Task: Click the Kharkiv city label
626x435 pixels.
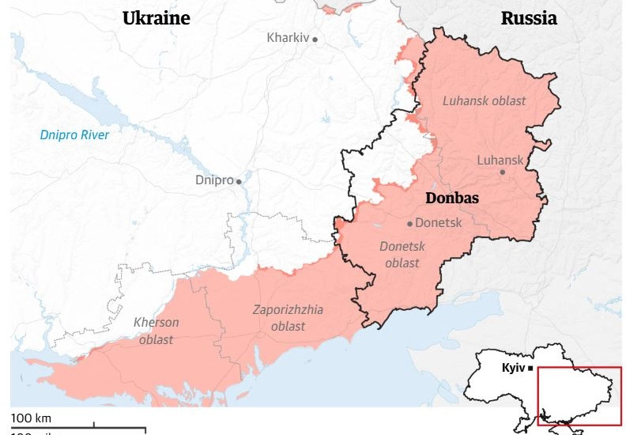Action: [288, 37]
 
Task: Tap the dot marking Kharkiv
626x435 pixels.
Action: [315, 39]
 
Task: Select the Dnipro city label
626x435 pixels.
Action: [214, 180]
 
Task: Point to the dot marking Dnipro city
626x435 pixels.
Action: [239, 181]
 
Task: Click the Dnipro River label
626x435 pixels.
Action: [74, 134]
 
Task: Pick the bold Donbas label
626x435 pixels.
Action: [452, 199]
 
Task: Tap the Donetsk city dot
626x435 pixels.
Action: [409, 223]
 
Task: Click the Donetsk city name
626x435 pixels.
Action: [438, 222]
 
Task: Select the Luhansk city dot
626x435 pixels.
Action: [502, 172]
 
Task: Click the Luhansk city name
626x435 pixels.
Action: [500, 160]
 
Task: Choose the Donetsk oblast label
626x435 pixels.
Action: [402, 254]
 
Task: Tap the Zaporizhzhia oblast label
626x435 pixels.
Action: [288, 318]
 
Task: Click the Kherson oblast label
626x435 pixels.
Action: [156, 331]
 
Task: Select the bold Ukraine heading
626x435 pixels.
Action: [156, 18]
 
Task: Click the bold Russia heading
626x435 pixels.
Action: [529, 18]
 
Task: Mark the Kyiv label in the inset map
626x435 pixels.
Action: [514, 368]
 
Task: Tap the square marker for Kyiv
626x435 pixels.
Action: [531, 369]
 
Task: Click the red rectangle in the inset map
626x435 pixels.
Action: [579, 396]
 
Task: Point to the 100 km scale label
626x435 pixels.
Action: [31, 417]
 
